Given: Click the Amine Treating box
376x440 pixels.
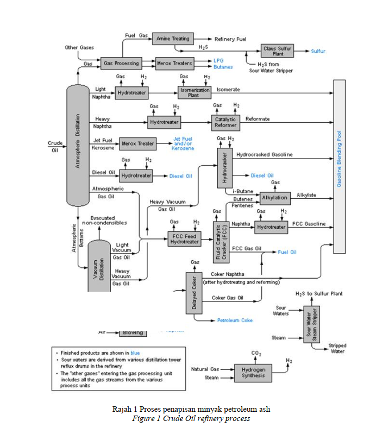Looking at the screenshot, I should click(173, 39).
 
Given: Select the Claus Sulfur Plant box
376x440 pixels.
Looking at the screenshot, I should click(277, 51).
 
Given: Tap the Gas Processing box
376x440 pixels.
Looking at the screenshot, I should click(121, 63).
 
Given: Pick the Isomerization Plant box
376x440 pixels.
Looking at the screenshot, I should click(194, 92).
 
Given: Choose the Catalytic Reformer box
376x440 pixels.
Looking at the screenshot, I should click(225, 122).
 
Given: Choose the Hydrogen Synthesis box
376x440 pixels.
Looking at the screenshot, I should click(253, 373).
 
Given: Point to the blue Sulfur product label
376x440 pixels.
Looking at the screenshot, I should click(318, 51).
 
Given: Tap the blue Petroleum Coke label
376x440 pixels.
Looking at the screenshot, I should click(235, 320).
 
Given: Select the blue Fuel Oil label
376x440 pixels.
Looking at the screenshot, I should click(287, 252).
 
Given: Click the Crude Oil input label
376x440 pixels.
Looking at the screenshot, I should click(55, 147).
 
